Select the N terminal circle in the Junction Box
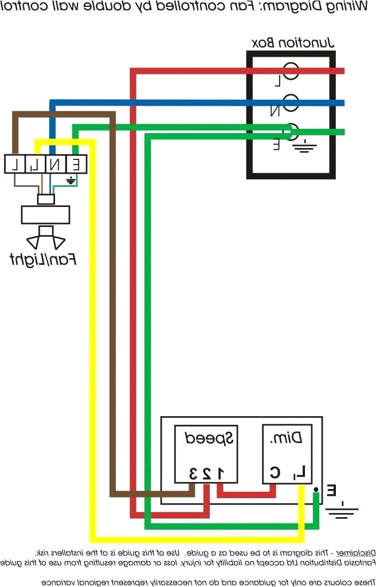tap(292, 103)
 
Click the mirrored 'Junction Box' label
tap(293, 42)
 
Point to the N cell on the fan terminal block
tap(54, 165)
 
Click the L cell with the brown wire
tap(14, 165)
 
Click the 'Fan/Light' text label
tap(43, 259)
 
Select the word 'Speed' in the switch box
tap(209, 440)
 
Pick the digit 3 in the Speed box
tap(192, 473)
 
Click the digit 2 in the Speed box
tap(206, 473)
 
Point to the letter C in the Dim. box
tap(275, 473)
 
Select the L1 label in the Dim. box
tap(300, 473)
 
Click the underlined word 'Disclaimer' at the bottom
tap(355, 553)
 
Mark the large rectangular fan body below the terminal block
tap(45, 215)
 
